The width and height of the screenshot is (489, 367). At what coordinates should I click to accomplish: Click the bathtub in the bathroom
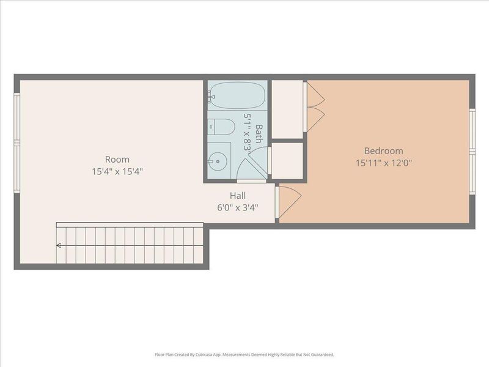237,95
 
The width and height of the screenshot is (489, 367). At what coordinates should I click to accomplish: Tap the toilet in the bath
221,127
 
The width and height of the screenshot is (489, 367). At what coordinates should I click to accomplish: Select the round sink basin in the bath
218,161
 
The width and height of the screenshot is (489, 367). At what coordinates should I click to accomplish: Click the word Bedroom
383,151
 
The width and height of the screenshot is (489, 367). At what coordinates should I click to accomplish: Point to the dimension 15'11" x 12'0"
383,163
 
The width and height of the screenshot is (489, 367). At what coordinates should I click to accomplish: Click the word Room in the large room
117,159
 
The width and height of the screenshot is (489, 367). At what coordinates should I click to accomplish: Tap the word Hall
238,196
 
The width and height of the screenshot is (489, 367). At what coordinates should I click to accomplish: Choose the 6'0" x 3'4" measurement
238,207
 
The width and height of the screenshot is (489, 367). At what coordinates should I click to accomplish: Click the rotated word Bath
259,133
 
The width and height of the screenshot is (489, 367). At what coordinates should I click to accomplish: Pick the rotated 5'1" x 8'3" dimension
248,132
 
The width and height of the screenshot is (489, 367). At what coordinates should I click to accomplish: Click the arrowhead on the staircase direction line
59,245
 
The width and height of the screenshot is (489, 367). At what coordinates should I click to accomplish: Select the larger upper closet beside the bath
287,109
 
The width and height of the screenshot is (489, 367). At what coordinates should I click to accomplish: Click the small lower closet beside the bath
287,161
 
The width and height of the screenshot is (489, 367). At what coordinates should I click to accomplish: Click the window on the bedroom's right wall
472,150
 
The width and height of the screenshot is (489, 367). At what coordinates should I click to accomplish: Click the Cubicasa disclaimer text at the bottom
244,355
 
